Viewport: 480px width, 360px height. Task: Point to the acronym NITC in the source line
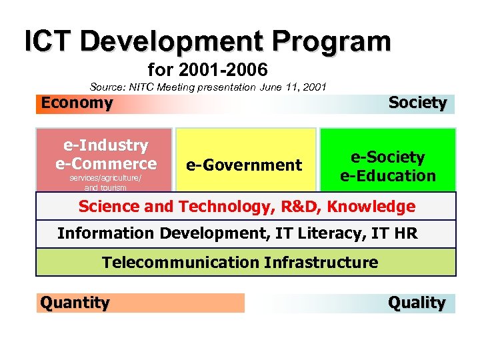click(147, 87)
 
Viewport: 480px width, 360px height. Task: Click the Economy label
click(77, 103)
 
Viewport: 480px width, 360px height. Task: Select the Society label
click(417, 103)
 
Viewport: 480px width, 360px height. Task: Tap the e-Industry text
click(106, 145)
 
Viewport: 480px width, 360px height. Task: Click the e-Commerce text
click(106, 163)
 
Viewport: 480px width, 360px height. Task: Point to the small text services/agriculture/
click(105, 179)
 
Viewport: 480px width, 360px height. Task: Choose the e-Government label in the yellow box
click(243, 165)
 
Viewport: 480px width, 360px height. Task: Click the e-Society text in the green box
click(387, 157)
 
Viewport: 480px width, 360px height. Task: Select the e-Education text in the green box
click(387, 176)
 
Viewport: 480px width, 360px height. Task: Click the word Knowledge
click(379, 206)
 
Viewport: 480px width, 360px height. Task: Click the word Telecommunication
click(180, 262)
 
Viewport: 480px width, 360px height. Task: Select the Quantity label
click(75, 303)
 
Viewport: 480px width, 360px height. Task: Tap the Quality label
click(417, 303)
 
